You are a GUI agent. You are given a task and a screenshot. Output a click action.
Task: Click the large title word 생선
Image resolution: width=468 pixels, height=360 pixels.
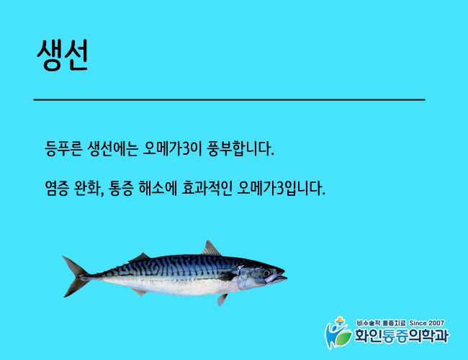point(63,55)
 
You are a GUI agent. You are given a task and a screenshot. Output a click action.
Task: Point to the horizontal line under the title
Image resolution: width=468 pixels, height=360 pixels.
point(229,99)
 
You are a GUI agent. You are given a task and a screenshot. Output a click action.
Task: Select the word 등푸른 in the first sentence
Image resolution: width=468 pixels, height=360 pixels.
point(63,148)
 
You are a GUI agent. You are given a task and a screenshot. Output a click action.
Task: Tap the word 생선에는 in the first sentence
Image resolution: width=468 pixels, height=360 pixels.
point(112,148)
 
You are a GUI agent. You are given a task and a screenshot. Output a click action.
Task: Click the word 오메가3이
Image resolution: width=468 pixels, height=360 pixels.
point(169,148)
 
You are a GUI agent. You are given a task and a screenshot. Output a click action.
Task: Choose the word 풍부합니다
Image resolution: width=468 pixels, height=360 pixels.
point(238,148)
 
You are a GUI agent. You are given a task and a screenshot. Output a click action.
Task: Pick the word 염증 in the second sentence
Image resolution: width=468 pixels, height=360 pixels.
point(57,189)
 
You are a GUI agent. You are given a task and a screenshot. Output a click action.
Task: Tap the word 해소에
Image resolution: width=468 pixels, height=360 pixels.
point(158,189)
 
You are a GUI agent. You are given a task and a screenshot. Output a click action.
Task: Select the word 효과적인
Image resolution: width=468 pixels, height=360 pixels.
point(207,189)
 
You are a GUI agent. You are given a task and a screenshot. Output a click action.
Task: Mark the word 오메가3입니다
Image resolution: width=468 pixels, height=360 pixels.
point(281,189)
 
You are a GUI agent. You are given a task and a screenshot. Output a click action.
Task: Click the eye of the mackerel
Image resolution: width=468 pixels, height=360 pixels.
point(266,273)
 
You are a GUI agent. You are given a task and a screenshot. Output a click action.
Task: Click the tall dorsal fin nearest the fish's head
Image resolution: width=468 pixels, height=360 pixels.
point(211,248)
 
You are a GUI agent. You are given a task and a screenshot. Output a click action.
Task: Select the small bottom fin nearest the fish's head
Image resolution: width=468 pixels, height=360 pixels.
point(222,300)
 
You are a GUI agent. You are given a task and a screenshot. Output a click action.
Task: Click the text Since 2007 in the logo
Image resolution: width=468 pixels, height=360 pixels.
point(426,323)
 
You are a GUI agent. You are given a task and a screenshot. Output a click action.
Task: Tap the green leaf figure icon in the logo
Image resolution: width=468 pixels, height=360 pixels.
point(338,333)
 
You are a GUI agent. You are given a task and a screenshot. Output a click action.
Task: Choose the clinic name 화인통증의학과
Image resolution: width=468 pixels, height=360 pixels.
point(402,336)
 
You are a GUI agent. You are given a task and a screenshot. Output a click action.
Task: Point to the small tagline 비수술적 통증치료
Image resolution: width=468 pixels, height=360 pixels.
point(381,323)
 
